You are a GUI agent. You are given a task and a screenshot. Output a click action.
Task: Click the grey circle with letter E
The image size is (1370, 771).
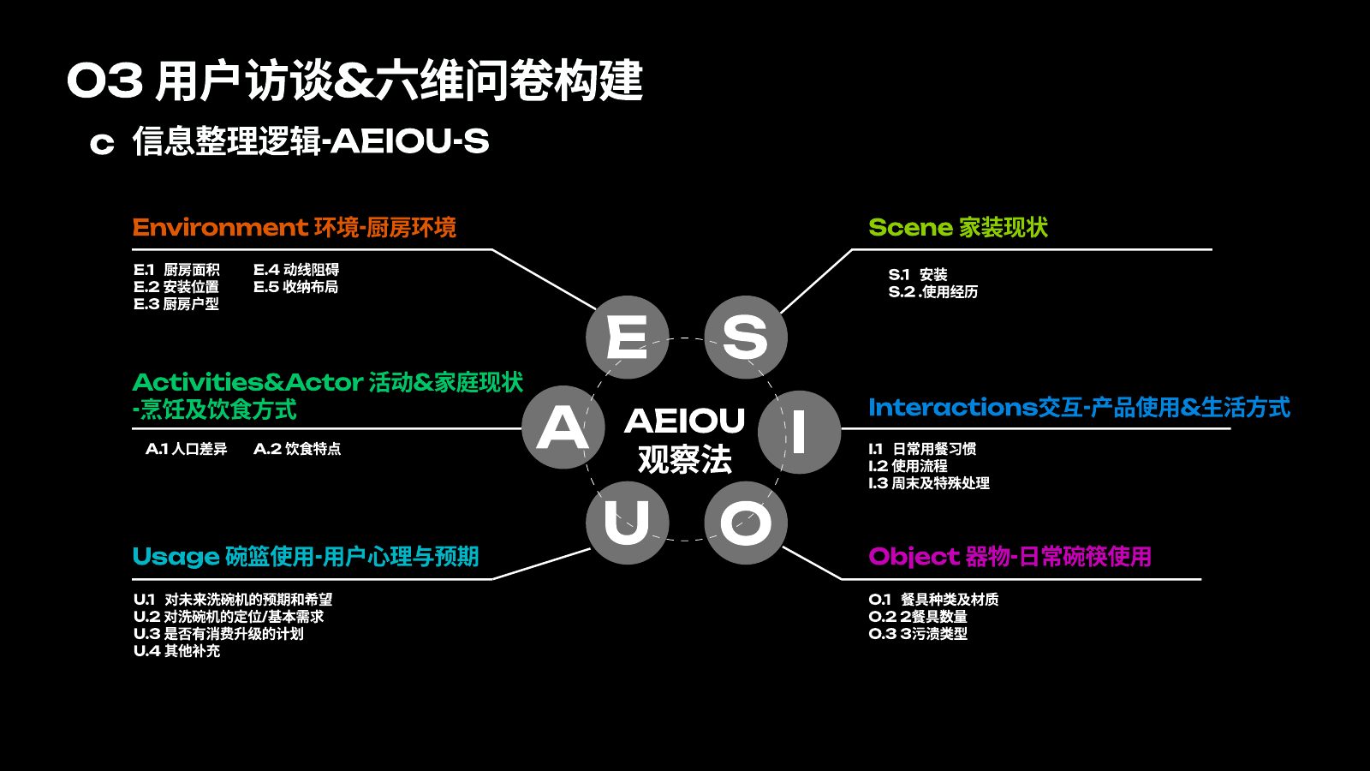[x=627, y=338]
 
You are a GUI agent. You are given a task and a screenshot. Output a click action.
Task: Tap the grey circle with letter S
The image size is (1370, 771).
[x=746, y=338]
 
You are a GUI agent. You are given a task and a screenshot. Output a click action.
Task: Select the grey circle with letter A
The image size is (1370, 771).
[x=563, y=427]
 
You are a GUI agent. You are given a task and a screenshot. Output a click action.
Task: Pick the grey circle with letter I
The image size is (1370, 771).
[x=800, y=432]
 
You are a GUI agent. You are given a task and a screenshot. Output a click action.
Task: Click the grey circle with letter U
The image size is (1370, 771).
[x=627, y=523]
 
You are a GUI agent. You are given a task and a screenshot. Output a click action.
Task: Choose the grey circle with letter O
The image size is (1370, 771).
[x=746, y=523]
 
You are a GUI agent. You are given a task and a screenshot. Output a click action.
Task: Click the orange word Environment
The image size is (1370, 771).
[x=220, y=228]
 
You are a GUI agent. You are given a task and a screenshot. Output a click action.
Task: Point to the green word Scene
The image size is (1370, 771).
[x=911, y=228]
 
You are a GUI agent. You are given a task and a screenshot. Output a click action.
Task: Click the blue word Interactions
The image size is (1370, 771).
[x=953, y=408]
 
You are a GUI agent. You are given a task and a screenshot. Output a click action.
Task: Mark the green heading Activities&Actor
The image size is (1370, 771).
[x=247, y=382]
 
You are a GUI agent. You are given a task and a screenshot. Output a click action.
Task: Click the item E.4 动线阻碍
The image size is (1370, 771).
[x=296, y=269]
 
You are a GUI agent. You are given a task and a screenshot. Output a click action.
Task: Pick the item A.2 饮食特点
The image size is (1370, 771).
[x=296, y=449]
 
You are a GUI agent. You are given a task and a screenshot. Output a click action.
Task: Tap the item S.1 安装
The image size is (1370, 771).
[x=917, y=274]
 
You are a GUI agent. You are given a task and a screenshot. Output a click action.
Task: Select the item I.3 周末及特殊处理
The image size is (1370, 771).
[x=929, y=483]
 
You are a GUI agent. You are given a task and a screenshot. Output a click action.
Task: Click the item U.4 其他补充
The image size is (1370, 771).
[x=176, y=650]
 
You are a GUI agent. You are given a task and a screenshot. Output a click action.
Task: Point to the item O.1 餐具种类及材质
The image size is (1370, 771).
[x=933, y=599]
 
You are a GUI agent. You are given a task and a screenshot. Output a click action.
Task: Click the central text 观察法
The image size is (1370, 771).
[x=684, y=459]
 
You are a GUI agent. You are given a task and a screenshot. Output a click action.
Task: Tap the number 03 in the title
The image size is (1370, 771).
[x=104, y=81]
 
